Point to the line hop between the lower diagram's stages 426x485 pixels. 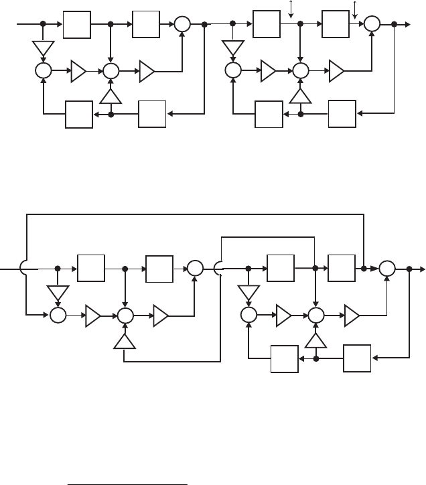pyautogui.click(x=218, y=269)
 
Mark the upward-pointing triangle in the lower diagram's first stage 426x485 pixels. pyautogui.click(x=125, y=342)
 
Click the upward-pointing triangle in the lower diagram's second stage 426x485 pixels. pyautogui.click(x=315, y=342)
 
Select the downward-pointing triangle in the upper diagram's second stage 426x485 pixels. pyautogui.click(x=233, y=48)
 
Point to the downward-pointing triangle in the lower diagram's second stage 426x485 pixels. pyautogui.click(x=248, y=292)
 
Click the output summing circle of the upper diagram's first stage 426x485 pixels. pyautogui.click(x=183, y=24)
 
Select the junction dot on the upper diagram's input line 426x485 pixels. pyautogui.click(x=43, y=23)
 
